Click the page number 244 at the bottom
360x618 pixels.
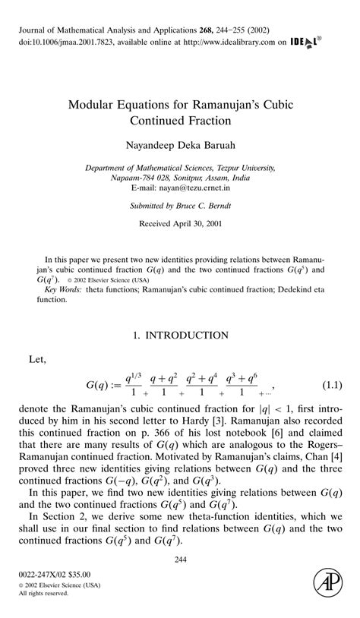click(x=180, y=561)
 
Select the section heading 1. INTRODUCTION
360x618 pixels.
click(x=180, y=335)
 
